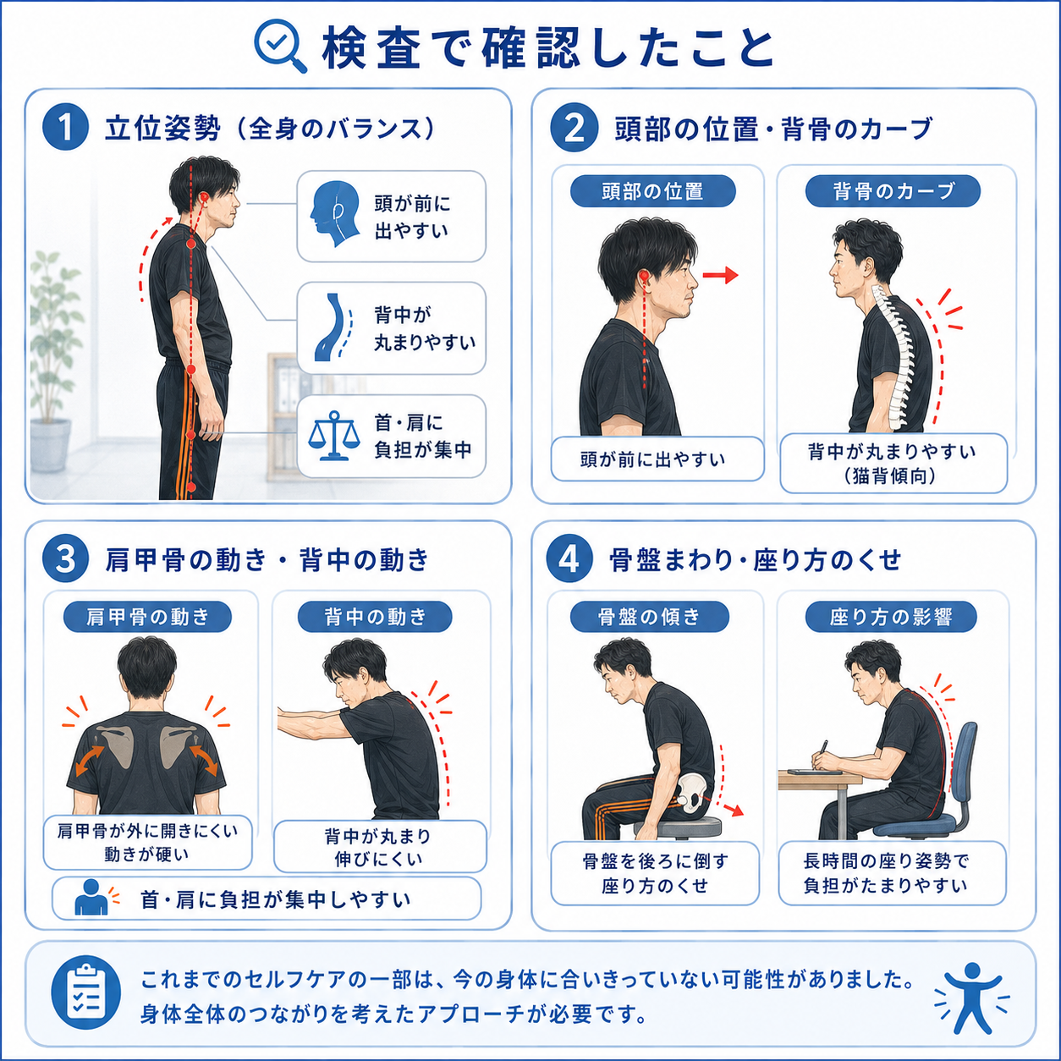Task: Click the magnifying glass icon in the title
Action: [280, 46]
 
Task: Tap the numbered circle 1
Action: [65, 127]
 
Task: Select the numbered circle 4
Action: [569, 560]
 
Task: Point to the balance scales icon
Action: [333, 434]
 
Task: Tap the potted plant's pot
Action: [51, 445]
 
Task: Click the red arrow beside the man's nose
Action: [720, 275]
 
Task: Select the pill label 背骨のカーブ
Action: [893, 191]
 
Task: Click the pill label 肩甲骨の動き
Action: [147, 617]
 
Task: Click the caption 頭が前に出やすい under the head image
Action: [653, 459]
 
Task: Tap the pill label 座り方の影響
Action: [891, 617]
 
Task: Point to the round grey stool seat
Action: [678, 825]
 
